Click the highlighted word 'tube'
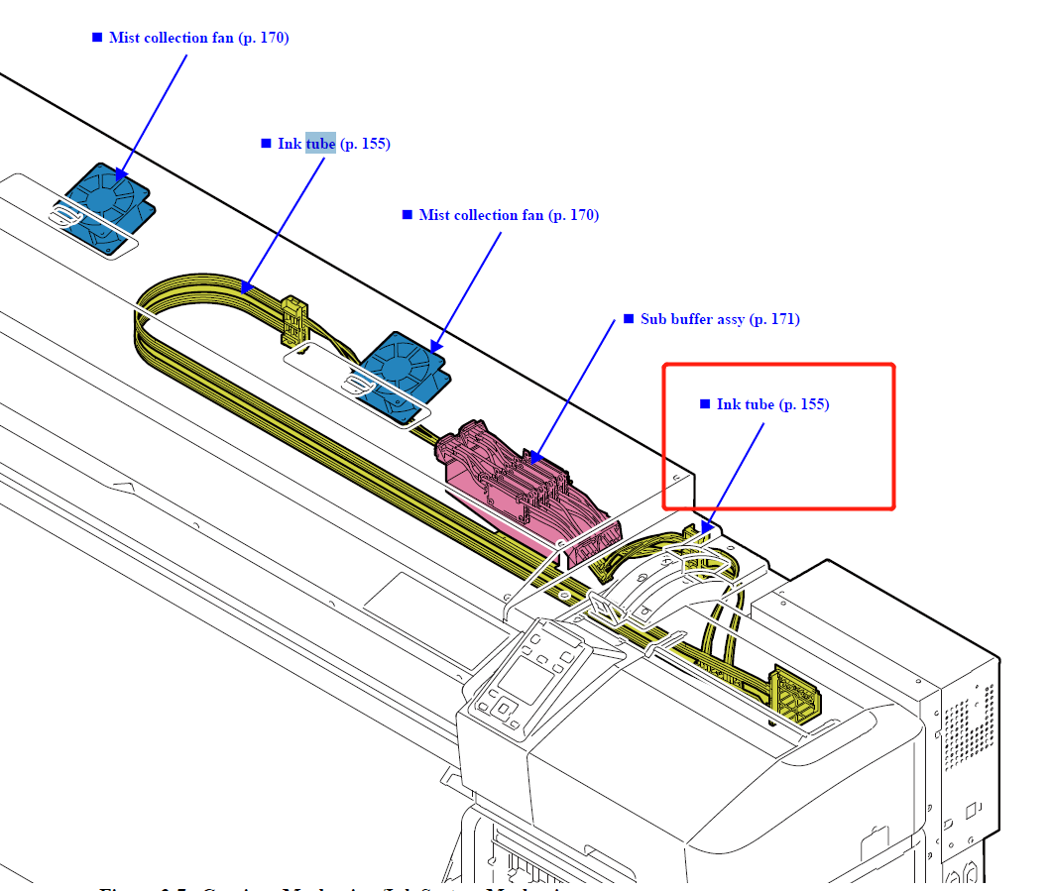point(320,144)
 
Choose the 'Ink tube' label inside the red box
point(772,404)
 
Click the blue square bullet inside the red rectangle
point(705,404)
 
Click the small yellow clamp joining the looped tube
point(293,319)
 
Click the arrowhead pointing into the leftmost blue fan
point(120,175)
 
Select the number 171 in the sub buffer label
point(781,319)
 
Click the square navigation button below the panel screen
point(504,708)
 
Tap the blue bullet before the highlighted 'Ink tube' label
point(266,144)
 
